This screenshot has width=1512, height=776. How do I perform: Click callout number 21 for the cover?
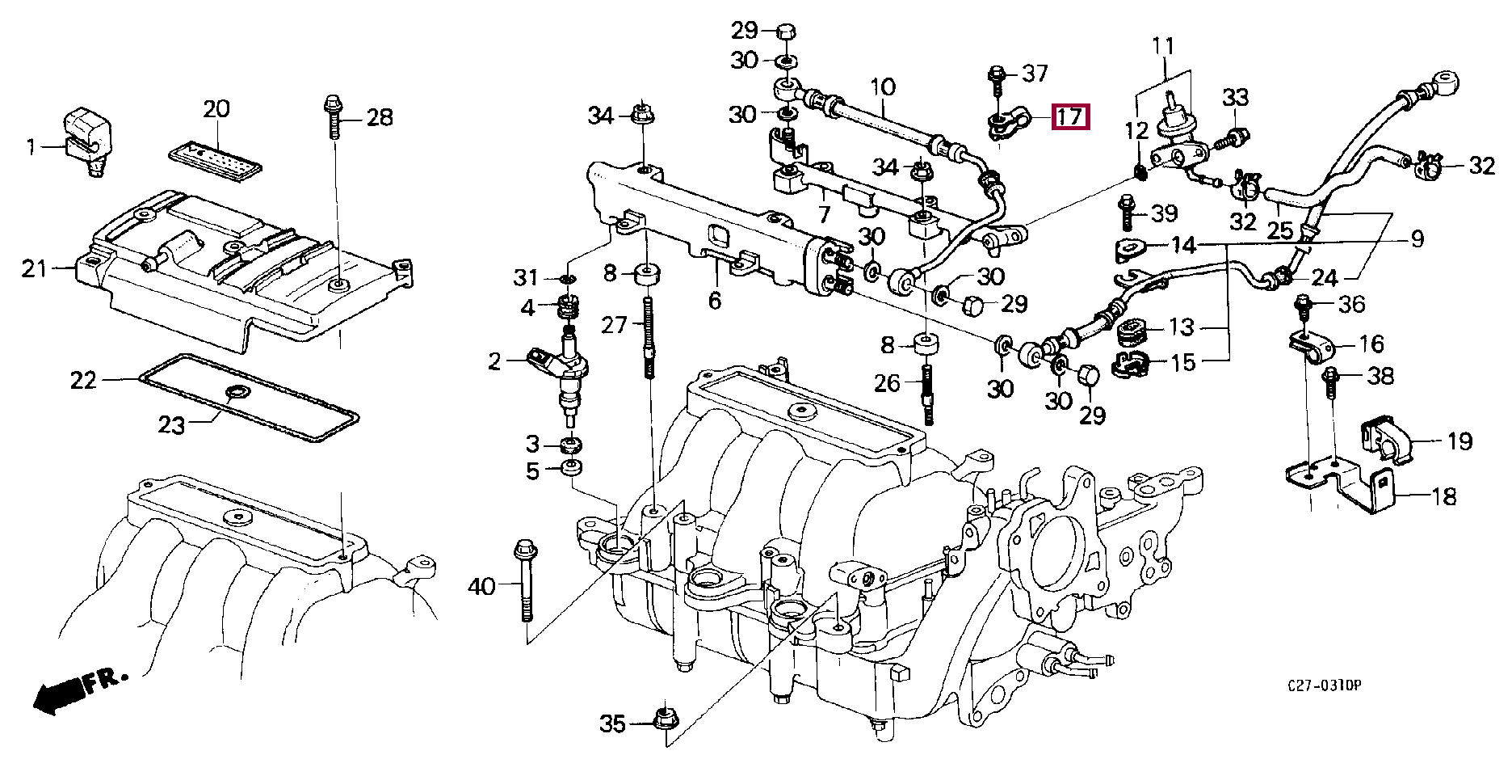click(35, 268)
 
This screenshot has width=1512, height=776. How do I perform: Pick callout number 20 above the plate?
click(216, 108)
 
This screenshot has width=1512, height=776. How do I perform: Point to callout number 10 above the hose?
click(883, 86)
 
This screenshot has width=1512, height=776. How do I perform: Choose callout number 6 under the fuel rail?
click(714, 301)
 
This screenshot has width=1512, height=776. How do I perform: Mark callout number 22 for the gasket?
click(83, 380)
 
